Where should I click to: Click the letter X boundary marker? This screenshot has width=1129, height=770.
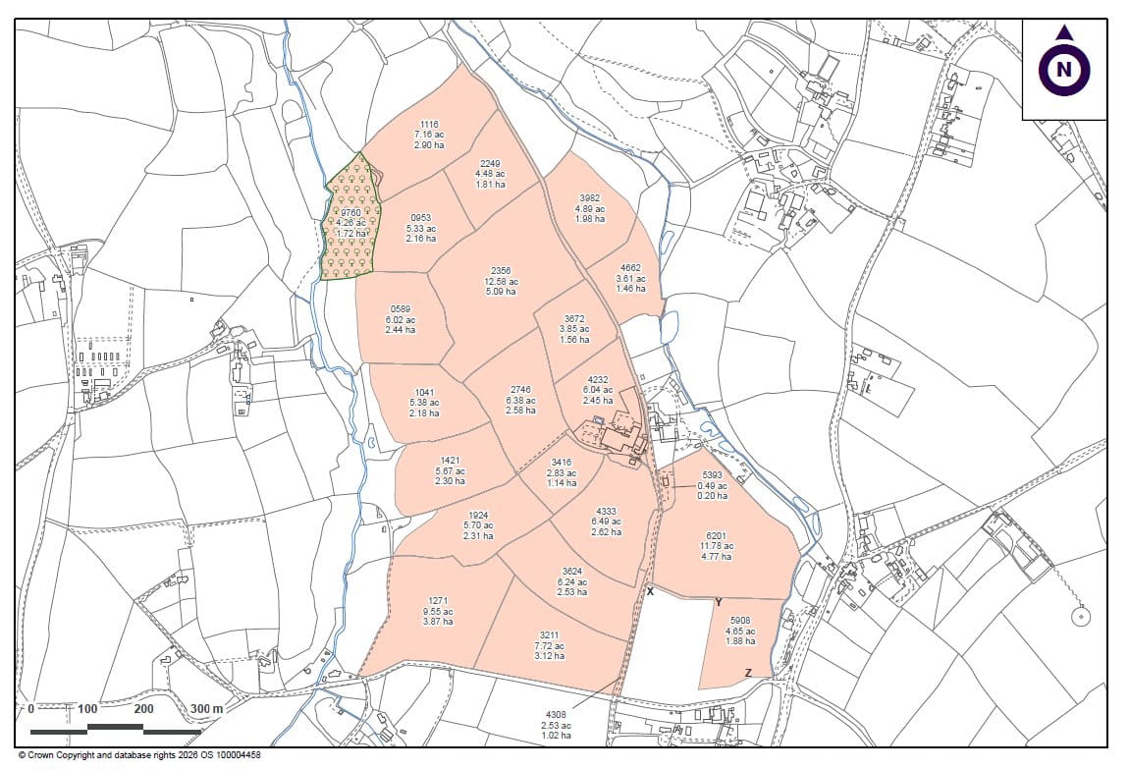(650, 591)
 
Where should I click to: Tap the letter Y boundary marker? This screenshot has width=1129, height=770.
(719, 602)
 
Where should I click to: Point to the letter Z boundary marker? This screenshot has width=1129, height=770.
(748, 673)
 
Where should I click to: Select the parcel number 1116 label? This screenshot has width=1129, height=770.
(429, 125)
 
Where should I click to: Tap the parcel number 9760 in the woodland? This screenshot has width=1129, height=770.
(350, 210)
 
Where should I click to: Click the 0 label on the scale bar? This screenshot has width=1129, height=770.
(31, 708)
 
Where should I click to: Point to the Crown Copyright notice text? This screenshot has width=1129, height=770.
(138, 755)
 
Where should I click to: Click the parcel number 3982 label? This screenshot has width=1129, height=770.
(589, 197)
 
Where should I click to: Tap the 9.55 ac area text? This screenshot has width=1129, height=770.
(437, 610)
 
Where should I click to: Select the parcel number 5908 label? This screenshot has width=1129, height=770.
(740, 620)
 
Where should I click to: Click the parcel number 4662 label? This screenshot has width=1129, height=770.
(630, 268)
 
